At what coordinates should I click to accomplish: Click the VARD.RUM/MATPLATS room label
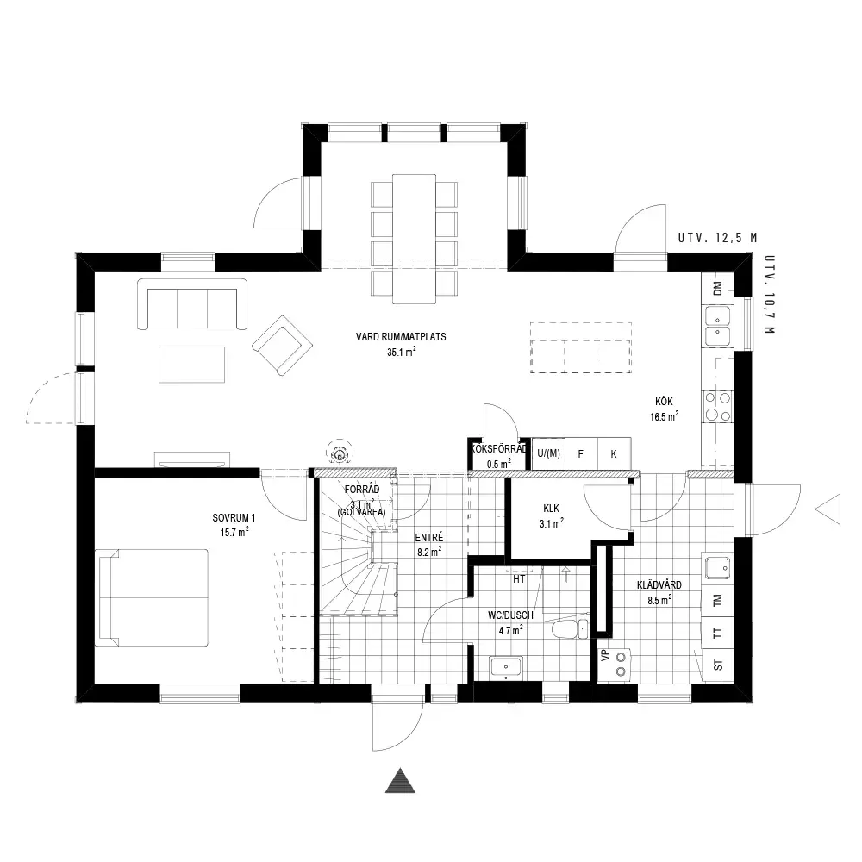pyautogui.click(x=401, y=337)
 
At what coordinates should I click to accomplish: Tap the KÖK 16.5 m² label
pyautogui.click(x=664, y=409)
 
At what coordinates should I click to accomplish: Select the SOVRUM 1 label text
pyautogui.click(x=234, y=518)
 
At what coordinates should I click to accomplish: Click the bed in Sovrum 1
pyautogui.click(x=152, y=597)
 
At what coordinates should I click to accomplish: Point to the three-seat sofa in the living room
pyautogui.click(x=192, y=304)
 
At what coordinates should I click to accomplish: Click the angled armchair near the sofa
pyautogui.click(x=283, y=346)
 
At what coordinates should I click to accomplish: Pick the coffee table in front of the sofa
pyautogui.click(x=192, y=365)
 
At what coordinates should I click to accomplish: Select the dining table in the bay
pyautogui.click(x=414, y=239)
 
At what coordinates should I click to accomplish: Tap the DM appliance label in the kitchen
pyautogui.click(x=717, y=288)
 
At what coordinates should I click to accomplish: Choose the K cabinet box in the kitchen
pyautogui.click(x=614, y=454)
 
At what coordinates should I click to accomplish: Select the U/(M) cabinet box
pyautogui.click(x=548, y=454)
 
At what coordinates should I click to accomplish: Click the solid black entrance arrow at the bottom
pyautogui.click(x=400, y=781)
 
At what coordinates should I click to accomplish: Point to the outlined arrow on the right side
pyautogui.click(x=828, y=509)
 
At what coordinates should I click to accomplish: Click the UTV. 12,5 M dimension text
pyautogui.click(x=717, y=238)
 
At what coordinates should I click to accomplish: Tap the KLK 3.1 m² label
pyautogui.click(x=552, y=516)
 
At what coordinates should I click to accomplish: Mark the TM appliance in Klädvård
pyautogui.click(x=718, y=602)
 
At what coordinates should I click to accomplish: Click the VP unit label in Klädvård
pyautogui.click(x=606, y=655)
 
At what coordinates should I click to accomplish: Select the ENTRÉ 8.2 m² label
pyautogui.click(x=429, y=546)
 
